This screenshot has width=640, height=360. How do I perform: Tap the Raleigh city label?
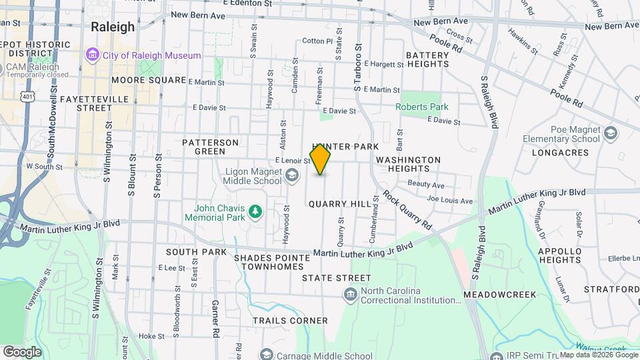112,27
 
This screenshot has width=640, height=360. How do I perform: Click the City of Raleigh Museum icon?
91,55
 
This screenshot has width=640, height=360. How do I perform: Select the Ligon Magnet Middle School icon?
291,175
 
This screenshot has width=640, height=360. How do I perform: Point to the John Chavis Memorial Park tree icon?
254,212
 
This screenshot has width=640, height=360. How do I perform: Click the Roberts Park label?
421,107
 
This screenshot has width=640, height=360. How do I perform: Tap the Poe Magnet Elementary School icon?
610,134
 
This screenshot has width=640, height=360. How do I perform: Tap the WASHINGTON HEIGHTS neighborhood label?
408,165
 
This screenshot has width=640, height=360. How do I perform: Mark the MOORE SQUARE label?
149,80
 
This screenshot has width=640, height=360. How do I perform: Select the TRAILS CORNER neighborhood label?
290,321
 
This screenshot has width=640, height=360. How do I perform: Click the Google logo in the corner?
22,351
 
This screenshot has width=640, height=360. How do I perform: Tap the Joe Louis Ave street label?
449,200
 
